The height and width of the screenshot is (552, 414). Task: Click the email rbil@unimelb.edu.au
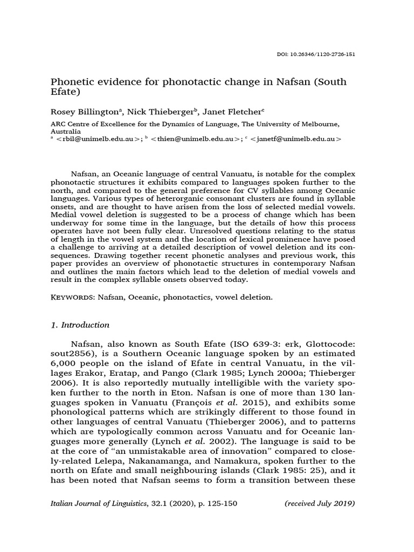point(98,139)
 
